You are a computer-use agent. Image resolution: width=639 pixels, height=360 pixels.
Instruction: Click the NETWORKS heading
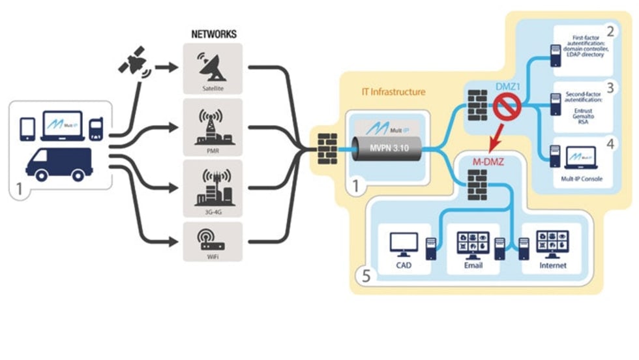pyautogui.click(x=213, y=33)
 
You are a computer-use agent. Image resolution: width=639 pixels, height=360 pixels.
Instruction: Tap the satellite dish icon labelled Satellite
pyautogui.click(x=213, y=65)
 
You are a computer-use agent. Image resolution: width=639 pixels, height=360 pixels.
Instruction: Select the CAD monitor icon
pyautogui.click(x=403, y=245)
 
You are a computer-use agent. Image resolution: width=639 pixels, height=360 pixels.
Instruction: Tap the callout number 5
pyautogui.click(x=366, y=276)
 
